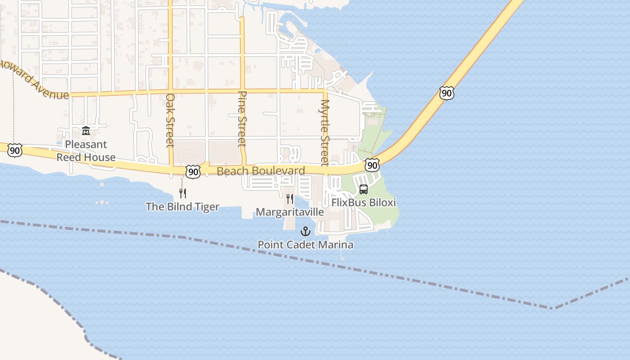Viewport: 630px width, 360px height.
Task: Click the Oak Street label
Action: coord(170,120)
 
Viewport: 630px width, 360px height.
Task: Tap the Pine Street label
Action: coord(242,119)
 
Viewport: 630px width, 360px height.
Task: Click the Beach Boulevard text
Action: coord(261,171)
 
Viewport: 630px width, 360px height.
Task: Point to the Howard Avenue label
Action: coord(34,80)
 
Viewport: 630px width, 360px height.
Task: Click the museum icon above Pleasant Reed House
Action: coord(85,131)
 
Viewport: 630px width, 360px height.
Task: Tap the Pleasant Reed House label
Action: coord(85,151)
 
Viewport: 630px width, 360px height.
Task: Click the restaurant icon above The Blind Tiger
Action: coord(183,193)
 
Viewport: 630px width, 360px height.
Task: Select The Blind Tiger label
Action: coord(182,207)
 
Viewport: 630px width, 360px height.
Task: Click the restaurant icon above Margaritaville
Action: coord(290,198)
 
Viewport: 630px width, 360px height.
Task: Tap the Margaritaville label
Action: coord(290,212)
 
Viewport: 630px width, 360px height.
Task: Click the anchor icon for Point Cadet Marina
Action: coord(306,232)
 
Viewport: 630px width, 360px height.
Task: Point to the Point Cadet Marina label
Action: coord(305,245)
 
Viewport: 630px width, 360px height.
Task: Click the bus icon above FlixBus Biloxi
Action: coord(364,189)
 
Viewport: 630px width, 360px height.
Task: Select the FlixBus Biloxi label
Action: coord(364,202)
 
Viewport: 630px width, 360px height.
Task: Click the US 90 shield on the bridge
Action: coord(446,93)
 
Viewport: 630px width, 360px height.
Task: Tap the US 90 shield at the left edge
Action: coord(15,150)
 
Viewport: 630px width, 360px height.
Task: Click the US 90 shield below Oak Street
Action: coord(193,171)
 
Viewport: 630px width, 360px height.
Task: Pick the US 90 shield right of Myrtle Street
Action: coord(372,165)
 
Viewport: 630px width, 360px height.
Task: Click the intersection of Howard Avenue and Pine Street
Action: coord(242,91)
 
